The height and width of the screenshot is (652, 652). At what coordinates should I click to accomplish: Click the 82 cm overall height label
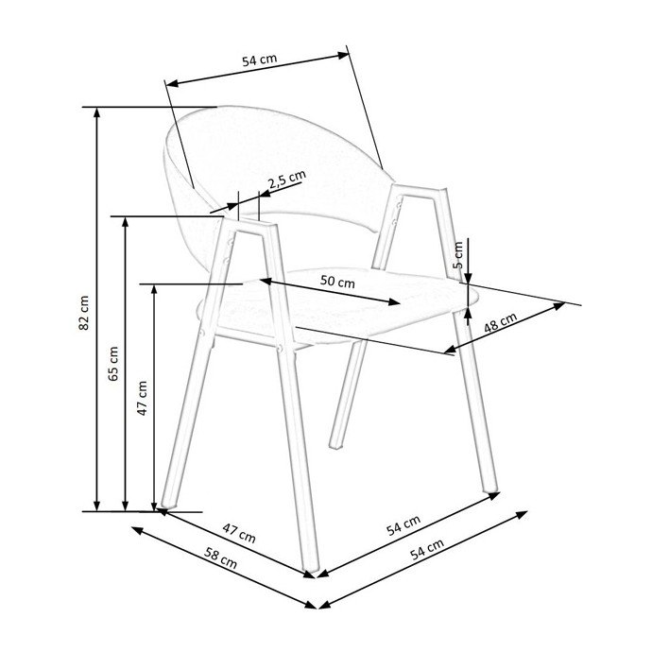point(83,313)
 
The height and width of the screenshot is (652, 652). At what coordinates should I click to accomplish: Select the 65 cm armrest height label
point(112,364)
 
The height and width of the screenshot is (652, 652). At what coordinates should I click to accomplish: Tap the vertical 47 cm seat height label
point(142,398)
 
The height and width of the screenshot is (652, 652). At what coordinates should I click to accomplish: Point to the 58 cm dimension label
point(220,558)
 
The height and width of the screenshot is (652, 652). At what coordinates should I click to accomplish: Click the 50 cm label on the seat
point(337,282)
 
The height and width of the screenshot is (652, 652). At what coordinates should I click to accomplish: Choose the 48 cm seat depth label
point(501,322)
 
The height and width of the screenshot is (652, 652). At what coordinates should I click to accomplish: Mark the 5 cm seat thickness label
point(457,255)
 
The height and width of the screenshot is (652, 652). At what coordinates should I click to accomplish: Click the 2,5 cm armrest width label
point(286,180)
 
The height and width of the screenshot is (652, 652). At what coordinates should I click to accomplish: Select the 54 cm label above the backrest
point(260,60)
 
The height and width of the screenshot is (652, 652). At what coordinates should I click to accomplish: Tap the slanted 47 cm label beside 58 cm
point(239,533)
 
